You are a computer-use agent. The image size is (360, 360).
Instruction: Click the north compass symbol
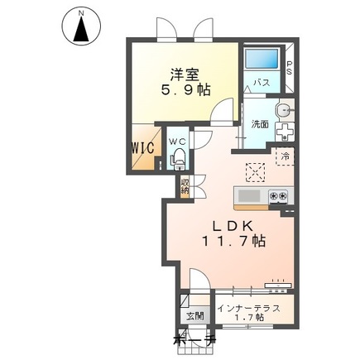(82, 27)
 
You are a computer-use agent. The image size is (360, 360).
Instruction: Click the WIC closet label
(140, 151)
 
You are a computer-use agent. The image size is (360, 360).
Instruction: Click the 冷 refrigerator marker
(284, 156)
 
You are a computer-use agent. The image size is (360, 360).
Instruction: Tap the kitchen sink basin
(249, 196)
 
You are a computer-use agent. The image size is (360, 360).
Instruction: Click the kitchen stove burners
(278, 196)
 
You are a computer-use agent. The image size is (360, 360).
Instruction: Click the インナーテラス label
(255, 308)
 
